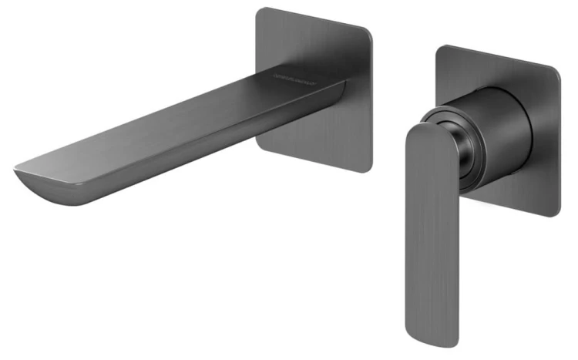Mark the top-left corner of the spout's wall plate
coord(260,11)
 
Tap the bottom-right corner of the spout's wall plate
coord(368,167)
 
